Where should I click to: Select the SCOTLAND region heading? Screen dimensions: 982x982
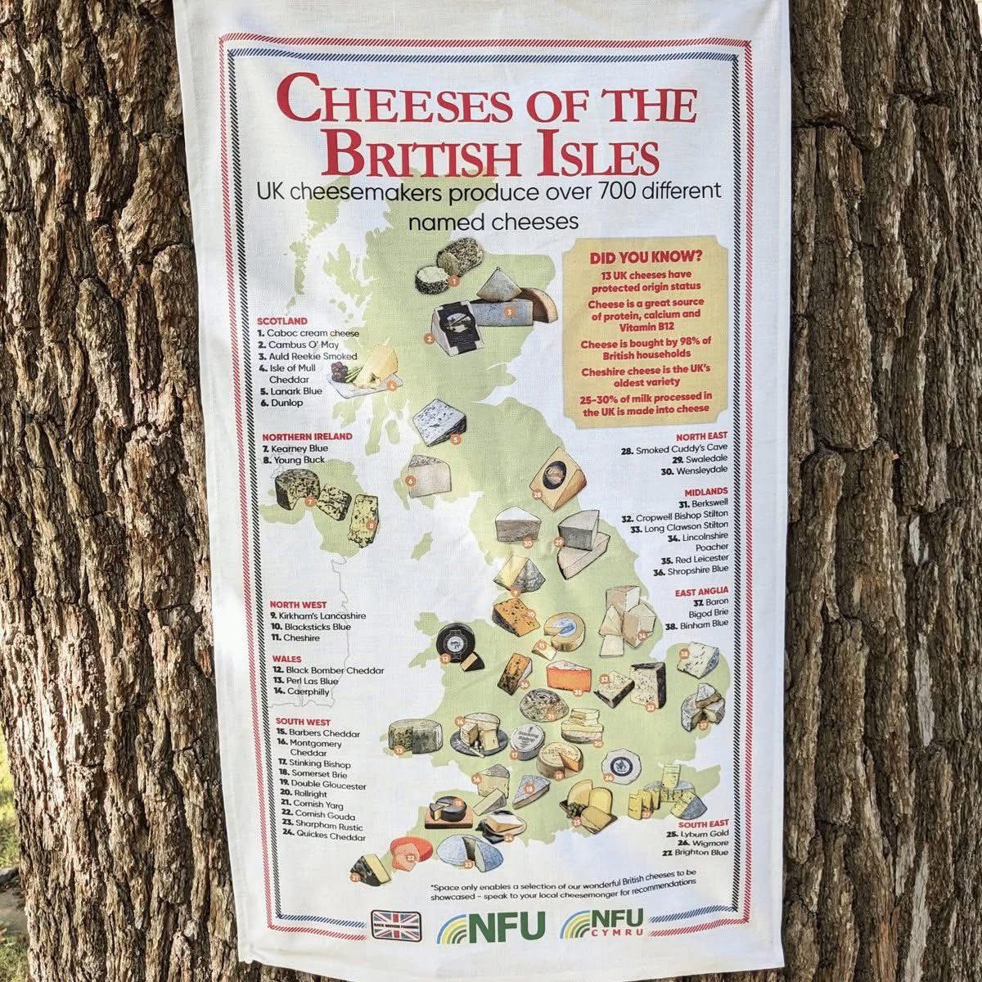coord(282,321)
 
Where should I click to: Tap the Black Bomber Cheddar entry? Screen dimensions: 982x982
coord(327,670)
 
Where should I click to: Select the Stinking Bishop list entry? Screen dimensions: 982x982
coord(312,763)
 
